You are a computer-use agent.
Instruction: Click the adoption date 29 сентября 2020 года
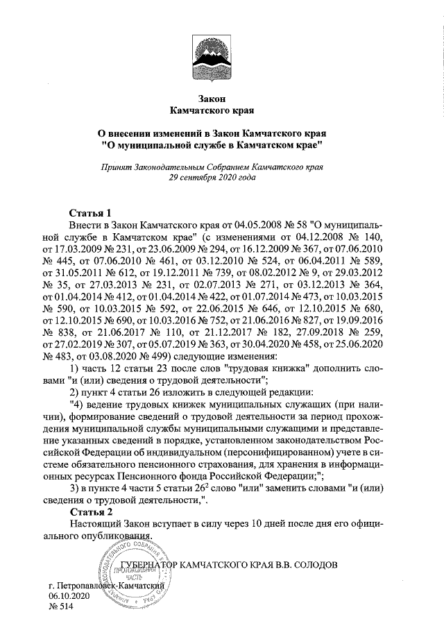212,178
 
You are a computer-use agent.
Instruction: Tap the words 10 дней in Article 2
273,525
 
